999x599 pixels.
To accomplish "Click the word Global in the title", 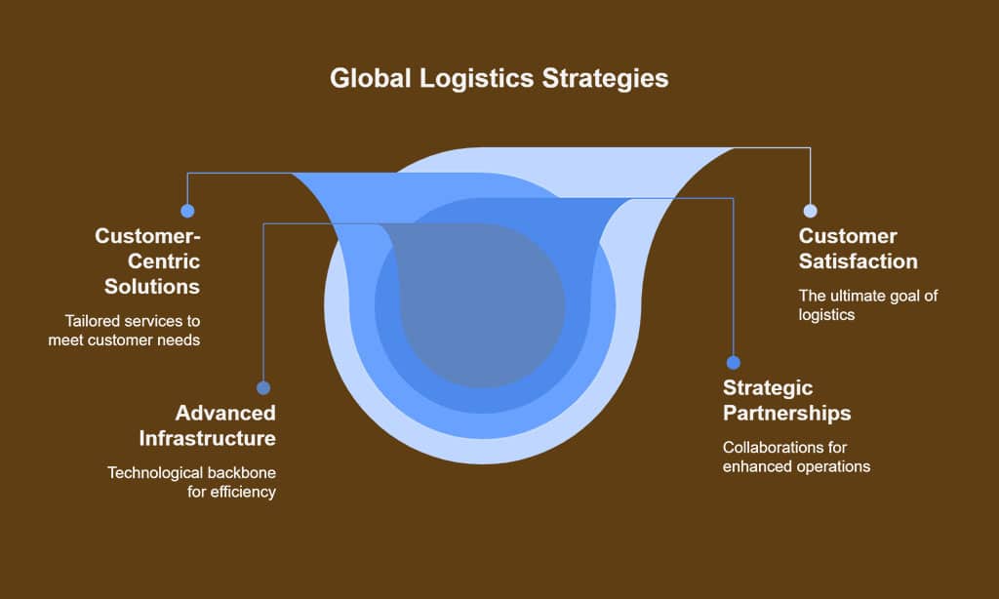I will tap(370, 79).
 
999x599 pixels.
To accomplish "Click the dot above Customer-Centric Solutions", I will tap(187, 211).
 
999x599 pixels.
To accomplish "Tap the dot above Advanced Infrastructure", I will tap(263, 387).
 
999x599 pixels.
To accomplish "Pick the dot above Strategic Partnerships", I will tap(734, 362).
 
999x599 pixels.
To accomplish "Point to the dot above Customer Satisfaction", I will tap(810, 211).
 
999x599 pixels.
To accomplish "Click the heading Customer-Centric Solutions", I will tap(147, 261).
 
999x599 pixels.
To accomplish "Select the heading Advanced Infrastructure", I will tap(207, 424).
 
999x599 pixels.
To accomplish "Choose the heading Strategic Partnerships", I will tap(786, 400).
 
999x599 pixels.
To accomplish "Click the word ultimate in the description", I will tap(856, 296).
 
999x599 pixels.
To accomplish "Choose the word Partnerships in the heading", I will tap(786, 413).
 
